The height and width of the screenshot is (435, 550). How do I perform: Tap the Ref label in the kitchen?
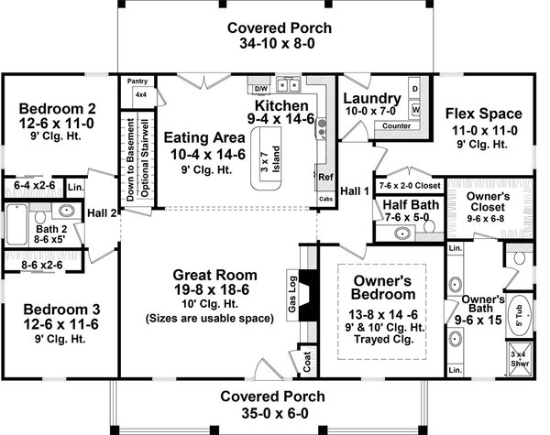(x=324, y=176)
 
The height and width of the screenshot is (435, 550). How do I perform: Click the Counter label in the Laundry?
(x=396, y=125)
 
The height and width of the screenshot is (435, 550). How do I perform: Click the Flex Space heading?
(x=483, y=114)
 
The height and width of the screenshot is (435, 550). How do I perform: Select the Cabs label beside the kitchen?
(x=326, y=198)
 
